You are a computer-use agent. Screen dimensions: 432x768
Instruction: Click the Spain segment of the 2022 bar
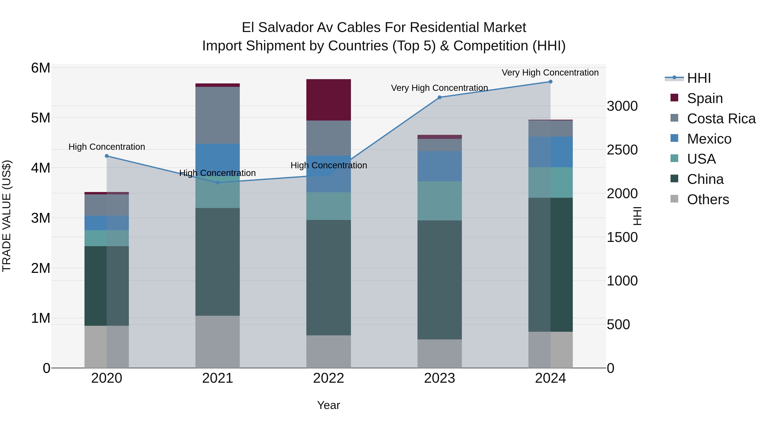pyautogui.click(x=329, y=100)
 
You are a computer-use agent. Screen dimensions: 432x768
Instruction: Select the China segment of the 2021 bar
pyautogui.click(x=218, y=262)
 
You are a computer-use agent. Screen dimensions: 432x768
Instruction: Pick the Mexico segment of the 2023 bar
pyautogui.click(x=439, y=166)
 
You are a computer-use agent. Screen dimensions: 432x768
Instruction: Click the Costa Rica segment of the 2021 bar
pyautogui.click(x=218, y=115)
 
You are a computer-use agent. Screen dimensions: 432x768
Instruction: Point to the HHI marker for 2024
pyautogui.click(x=550, y=82)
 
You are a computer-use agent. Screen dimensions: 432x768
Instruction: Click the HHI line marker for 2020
pyautogui.click(x=107, y=156)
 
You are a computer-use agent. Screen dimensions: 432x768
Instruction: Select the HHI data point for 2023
pyautogui.click(x=439, y=97)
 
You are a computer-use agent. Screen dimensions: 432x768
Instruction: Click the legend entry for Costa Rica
pyautogui.click(x=721, y=119)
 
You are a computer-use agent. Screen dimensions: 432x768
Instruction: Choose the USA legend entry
pyautogui.click(x=701, y=159)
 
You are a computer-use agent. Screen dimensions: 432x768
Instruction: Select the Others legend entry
pyautogui.click(x=708, y=199)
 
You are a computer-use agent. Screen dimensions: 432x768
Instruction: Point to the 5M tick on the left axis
pyautogui.click(x=41, y=118)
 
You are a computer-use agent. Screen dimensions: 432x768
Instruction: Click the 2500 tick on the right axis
pyautogui.click(x=622, y=150)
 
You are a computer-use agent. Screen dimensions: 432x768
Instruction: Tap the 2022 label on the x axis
pyautogui.click(x=329, y=378)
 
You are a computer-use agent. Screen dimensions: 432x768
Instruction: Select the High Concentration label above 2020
pyautogui.click(x=107, y=147)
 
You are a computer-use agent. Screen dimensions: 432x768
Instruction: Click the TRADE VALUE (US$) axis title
pyautogui.click(x=7, y=216)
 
